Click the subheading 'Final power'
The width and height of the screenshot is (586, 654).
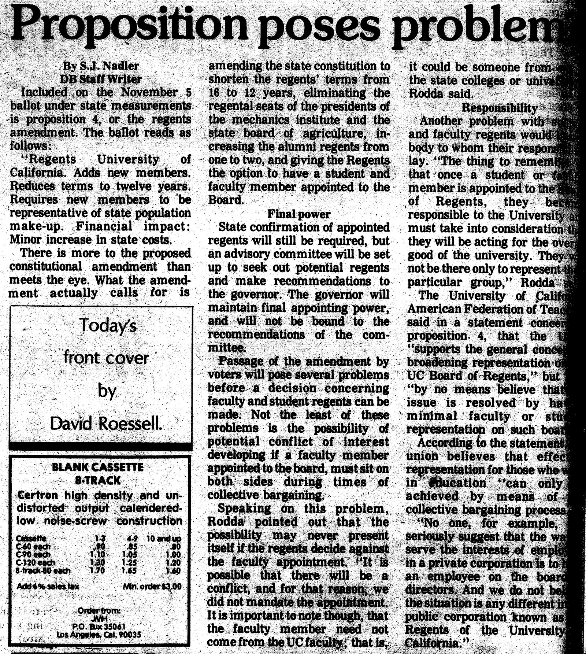[298, 214]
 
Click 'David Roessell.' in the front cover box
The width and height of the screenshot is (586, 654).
[106, 424]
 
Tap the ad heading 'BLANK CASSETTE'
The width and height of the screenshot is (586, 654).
[97, 467]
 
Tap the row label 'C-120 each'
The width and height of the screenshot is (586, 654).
[36, 563]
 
